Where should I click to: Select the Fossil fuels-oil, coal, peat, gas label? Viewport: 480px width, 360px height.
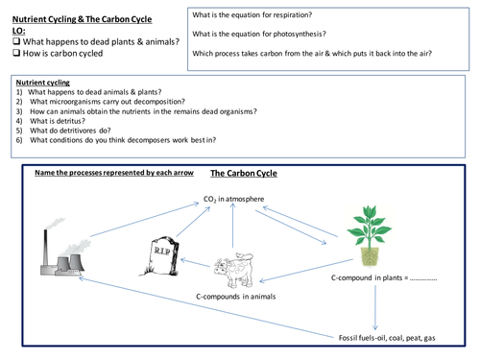[401, 338]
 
